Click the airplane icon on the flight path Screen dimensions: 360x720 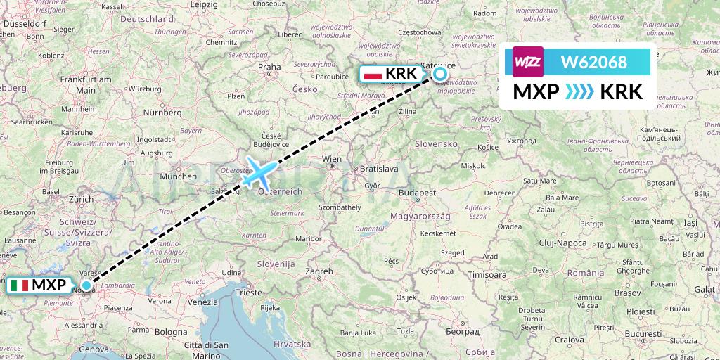(x=260, y=171)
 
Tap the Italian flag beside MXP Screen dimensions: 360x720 (x=20, y=285)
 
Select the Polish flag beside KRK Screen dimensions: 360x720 (x=373, y=73)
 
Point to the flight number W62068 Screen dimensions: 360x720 (x=593, y=62)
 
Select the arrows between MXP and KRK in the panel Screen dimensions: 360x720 (x=579, y=92)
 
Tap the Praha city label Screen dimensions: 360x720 (x=269, y=68)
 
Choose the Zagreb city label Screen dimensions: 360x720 (x=319, y=271)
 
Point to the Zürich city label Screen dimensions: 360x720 (x=82, y=199)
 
